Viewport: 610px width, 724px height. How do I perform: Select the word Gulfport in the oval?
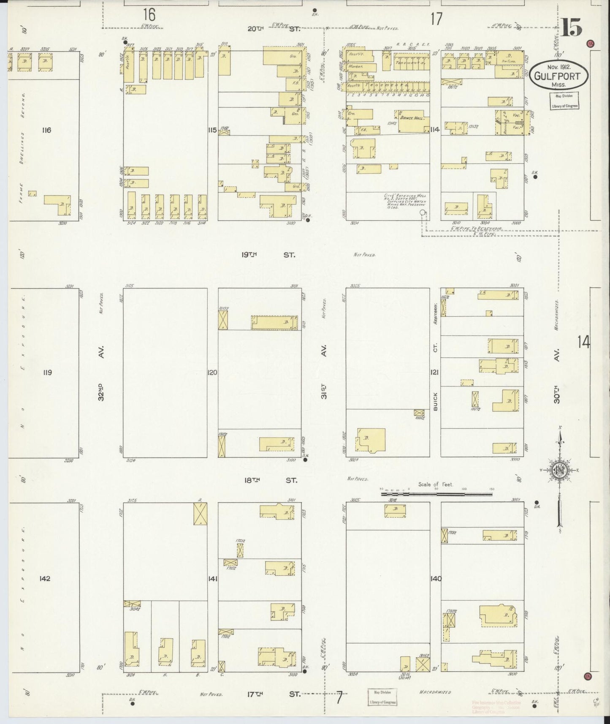pyautogui.click(x=557, y=76)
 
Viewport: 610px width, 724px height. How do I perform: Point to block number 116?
pyautogui.click(x=46, y=130)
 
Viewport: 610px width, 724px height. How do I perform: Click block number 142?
pyautogui.click(x=45, y=578)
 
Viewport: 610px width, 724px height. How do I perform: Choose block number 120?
pyautogui.click(x=212, y=373)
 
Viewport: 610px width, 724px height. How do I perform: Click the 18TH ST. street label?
pyautogui.click(x=271, y=480)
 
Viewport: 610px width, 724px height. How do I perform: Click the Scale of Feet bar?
pyautogui.click(x=436, y=493)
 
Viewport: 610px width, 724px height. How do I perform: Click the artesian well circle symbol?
pyautogui.click(x=421, y=213)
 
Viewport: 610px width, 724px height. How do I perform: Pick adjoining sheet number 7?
pyautogui.click(x=339, y=699)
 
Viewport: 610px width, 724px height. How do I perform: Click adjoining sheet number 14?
pyautogui.click(x=584, y=342)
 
